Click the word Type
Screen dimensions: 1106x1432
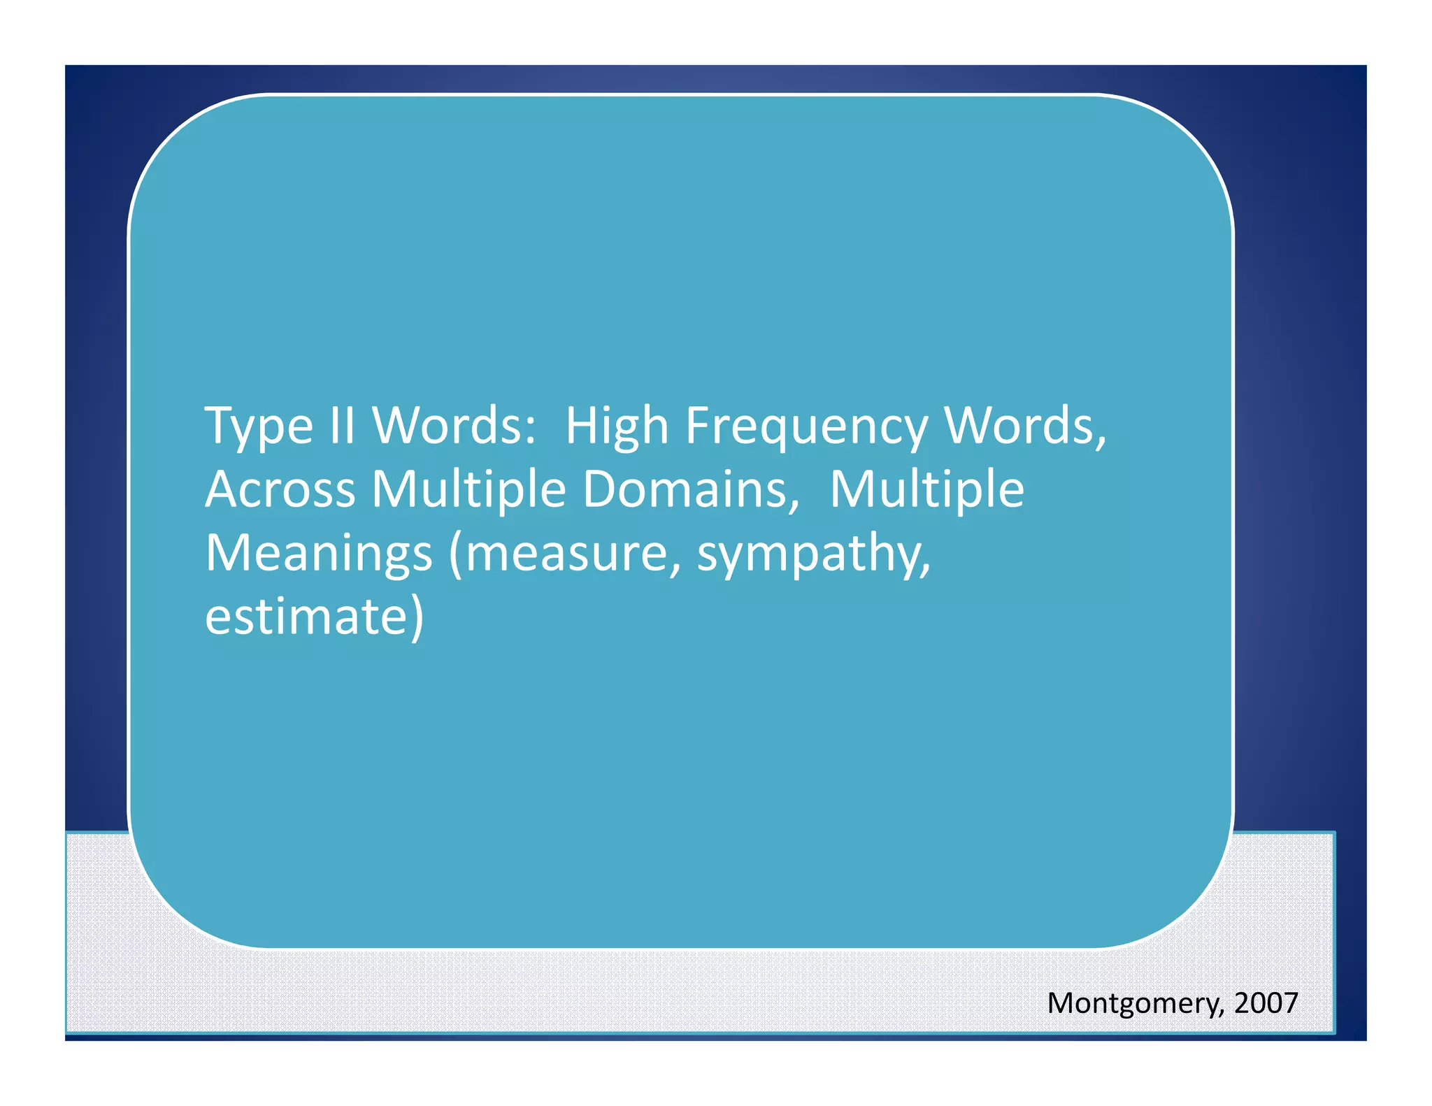coord(259,426)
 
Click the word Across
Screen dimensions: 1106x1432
coord(280,489)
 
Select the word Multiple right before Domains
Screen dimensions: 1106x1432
coord(468,489)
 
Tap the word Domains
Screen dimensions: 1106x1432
coord(689,489)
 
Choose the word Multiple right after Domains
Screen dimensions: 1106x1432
coord(927,489)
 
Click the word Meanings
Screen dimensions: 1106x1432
coord(319,553)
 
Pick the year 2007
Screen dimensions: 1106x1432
coord(1266,1003)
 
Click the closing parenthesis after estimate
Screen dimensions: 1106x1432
coord(416,618)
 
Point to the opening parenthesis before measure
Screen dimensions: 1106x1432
coord(456,554)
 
